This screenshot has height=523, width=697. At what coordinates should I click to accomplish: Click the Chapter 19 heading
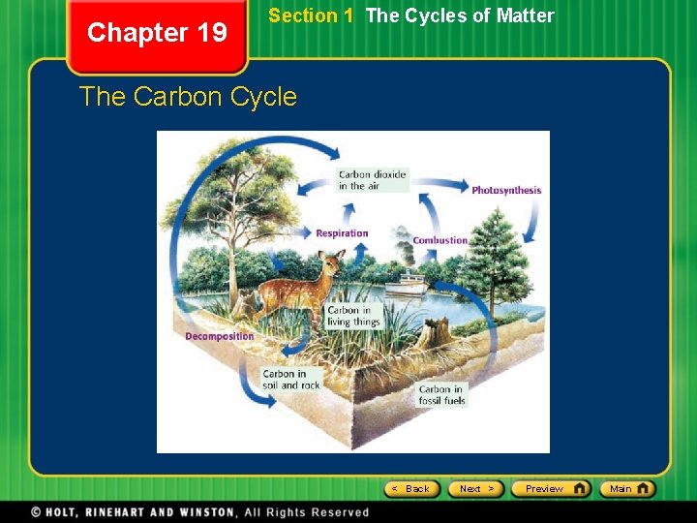point(157,33)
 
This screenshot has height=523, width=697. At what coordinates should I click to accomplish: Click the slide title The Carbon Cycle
point(188,97)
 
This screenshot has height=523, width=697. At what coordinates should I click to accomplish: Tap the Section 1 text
point(311,15)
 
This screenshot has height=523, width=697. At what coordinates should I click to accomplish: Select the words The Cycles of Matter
point(460,15)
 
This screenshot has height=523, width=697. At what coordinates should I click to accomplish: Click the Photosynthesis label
point(506,191)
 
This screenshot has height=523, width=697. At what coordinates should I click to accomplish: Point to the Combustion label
point(440,240)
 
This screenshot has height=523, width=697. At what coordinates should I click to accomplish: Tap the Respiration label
point(342,233)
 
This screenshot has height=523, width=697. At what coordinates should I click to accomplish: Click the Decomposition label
point(220,337)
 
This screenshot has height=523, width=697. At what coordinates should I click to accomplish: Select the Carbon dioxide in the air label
point(373,180)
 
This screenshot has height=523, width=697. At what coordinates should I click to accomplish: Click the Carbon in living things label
point(353,317)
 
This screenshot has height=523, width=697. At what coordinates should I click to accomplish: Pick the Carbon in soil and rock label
point(290,380)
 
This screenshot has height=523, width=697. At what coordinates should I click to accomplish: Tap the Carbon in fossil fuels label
point(442,395)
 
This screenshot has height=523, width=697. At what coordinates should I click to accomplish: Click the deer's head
point(333,262)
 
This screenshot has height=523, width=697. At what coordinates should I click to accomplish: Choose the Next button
point(477,489)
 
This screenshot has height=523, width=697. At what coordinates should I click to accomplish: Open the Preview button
point(550,489)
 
